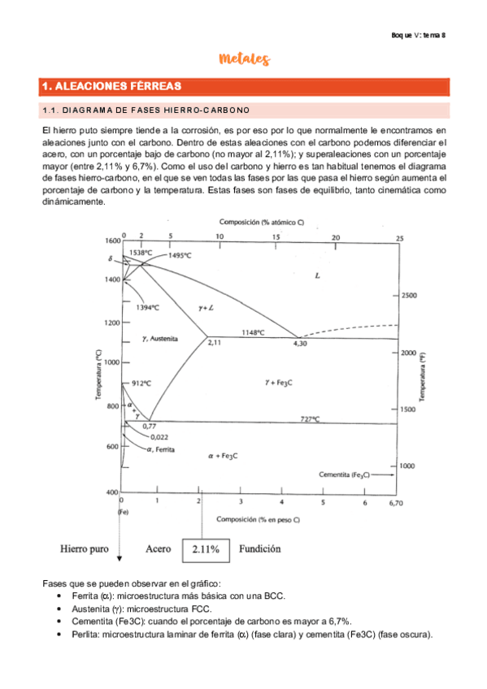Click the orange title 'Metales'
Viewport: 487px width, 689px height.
(x=244, y=59)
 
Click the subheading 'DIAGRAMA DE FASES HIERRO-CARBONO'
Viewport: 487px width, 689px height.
(x=146, y=110)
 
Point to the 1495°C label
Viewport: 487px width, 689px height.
(x=180, y=255)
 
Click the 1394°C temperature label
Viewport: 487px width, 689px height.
(x=147, y=307)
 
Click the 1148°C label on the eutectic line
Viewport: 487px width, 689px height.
(x=253, y=332)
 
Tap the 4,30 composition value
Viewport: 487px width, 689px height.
(x=299, y=344)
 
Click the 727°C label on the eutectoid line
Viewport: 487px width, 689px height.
(x=310, y=418)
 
